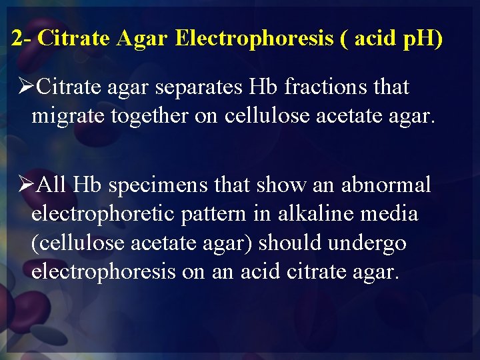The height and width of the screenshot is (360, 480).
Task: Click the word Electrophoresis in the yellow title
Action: coord(254,38)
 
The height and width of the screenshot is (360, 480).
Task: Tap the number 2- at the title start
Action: coord(22,38)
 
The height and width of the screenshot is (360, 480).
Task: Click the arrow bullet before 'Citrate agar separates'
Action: coord(25,87)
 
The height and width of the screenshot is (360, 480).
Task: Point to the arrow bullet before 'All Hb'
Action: coord(25,184)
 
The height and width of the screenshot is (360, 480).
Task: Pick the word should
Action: coord(287,243)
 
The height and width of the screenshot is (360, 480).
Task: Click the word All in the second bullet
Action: coord(52,184)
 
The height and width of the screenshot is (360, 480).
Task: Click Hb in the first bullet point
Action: coord(263,87)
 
